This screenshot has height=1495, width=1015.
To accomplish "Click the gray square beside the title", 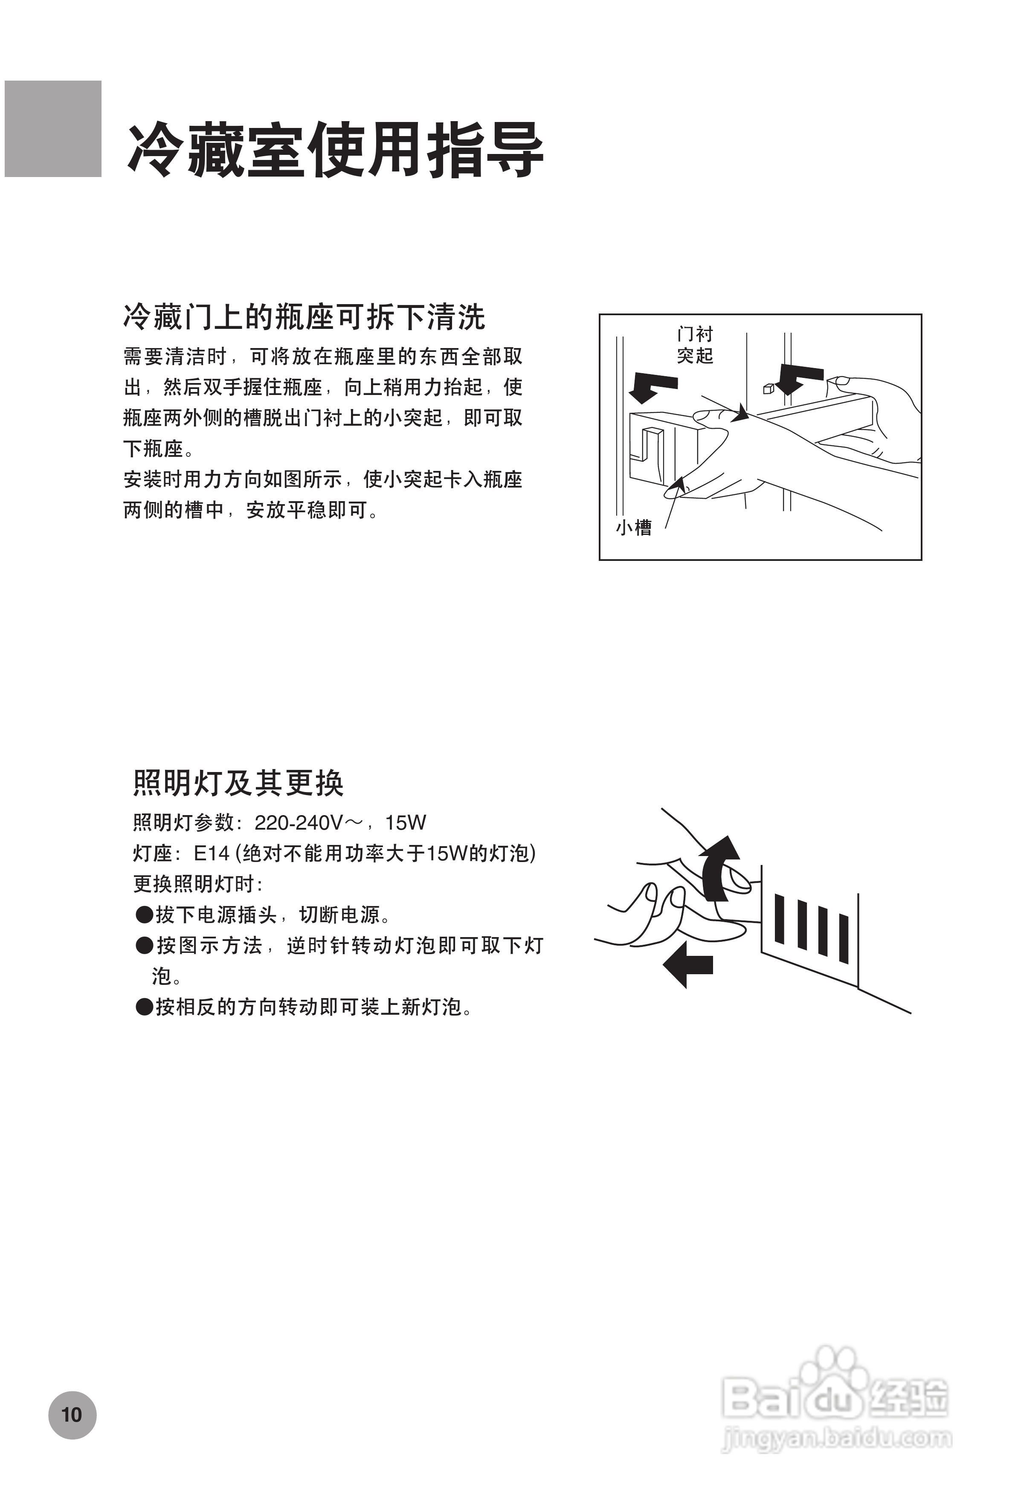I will [x=53, y=129].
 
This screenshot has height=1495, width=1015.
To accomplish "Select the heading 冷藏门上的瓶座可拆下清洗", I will [x=304, y=316].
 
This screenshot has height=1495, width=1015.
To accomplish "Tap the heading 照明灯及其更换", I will [x=238, y=783].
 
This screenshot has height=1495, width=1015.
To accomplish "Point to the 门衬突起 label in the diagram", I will [x=695, y=345].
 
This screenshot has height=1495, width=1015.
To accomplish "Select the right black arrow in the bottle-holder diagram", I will [x=797, y=378].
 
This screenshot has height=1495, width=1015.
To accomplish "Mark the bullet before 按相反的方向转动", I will [x=144, y=1007].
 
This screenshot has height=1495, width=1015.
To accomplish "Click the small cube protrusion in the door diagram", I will [x=767, y=389].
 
